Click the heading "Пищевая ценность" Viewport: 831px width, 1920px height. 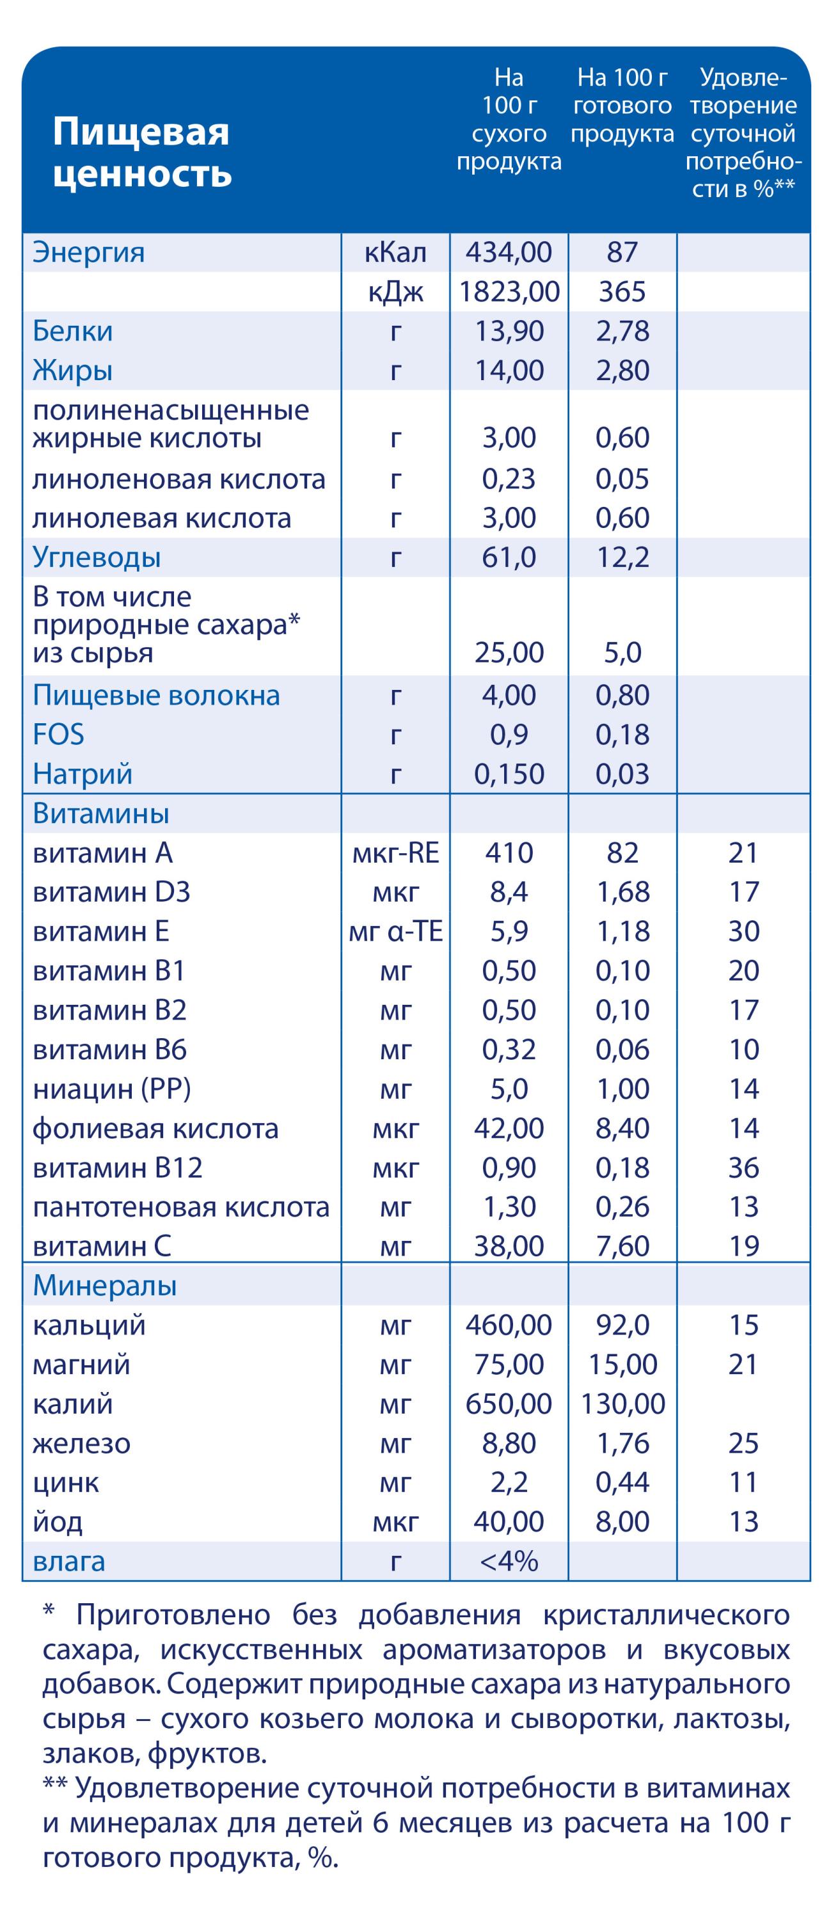click(141, 152)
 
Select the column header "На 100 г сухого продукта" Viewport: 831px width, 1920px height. click(509, 119)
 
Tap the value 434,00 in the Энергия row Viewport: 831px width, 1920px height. click(509, 253)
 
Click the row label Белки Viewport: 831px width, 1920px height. click(72, 332)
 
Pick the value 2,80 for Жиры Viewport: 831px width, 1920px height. click(622, 371)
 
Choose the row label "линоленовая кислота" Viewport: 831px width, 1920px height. click(179, 479)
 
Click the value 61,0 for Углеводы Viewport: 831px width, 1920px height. click(509, 557)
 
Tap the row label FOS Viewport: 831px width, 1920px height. click(58, 735)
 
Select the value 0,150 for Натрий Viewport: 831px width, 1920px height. click(509, 774)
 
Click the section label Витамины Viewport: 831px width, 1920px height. click(100, 814)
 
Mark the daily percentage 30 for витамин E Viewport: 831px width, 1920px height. click(743, 932)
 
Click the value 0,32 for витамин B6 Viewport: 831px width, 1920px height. click(509, 1050)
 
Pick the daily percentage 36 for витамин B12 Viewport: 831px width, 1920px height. click(743, 1168)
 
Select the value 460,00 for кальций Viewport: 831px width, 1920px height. click(509, 1325)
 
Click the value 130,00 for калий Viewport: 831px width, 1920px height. click(622, 1404)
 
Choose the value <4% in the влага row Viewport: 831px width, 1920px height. click(509, 1562)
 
